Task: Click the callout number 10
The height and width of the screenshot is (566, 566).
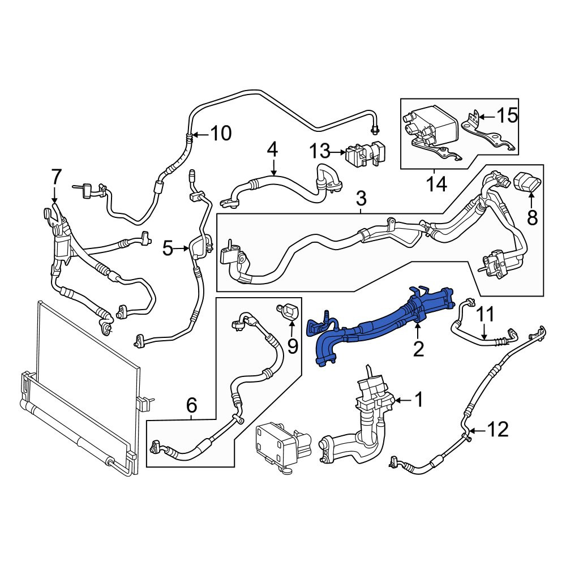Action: tap(221, 134)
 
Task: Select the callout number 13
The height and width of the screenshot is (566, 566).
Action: tap(320, 151)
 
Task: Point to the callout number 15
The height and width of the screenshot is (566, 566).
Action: tap(507, 116)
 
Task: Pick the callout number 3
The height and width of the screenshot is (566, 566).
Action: tap(361, 198)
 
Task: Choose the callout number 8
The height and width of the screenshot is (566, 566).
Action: tap(531, 217)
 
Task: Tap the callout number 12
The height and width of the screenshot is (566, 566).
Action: tap(498, 430)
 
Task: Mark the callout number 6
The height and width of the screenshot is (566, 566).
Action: tap(191, 405)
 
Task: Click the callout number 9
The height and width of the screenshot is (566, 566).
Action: tap(293, 346)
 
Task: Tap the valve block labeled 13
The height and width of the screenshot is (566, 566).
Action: tap(363, 154)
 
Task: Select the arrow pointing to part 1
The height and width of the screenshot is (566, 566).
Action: tap(403, 400)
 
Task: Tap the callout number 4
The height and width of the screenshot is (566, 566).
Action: tap(273, 149)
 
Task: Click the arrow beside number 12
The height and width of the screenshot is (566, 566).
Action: tap(476, 430)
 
